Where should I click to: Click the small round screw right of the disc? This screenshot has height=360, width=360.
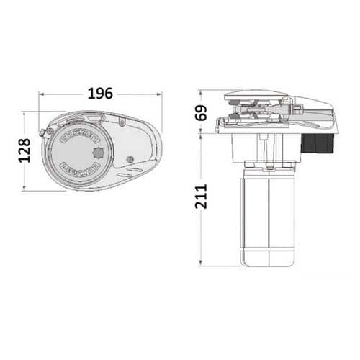(129, 159)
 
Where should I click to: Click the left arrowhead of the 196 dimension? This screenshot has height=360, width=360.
(42, 94)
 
